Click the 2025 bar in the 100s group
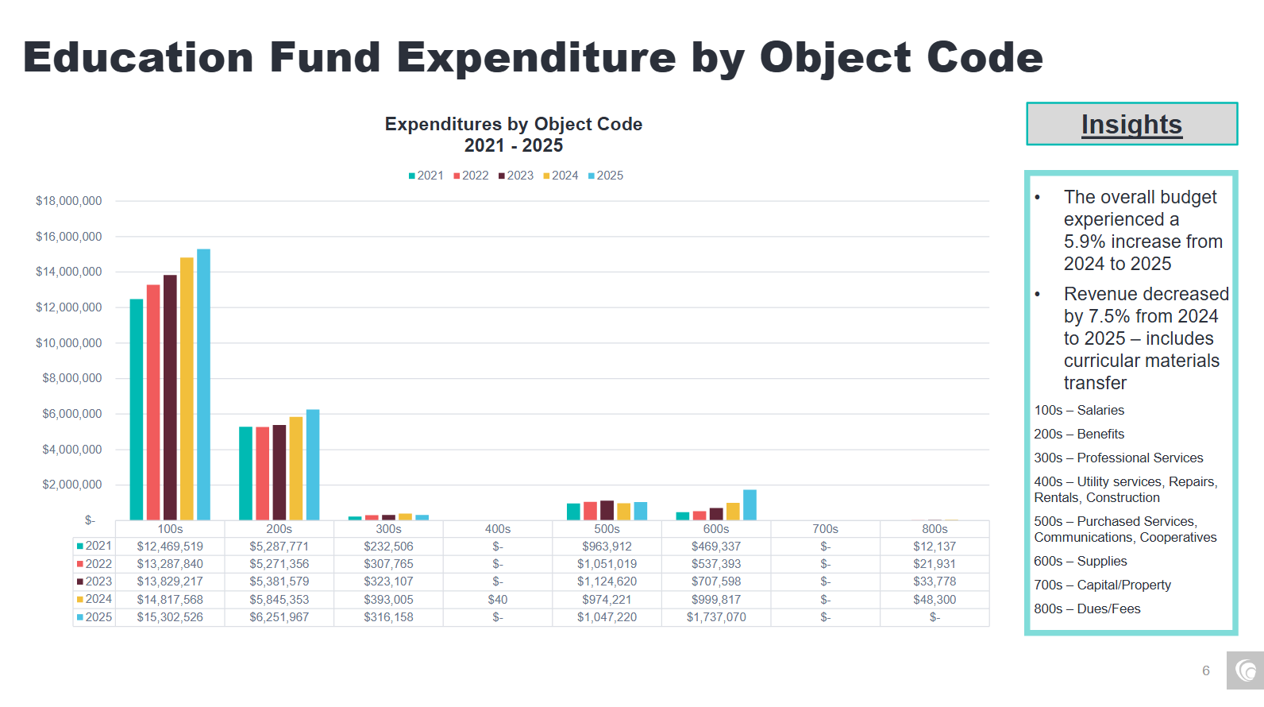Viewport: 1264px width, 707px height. tap(203, 385)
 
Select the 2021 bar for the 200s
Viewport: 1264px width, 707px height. tap(246, 473)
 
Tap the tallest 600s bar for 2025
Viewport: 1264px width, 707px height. tap(750, 505)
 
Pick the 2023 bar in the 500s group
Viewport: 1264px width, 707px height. tap(607, 511)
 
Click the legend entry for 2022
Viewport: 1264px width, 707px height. tap(471, 176)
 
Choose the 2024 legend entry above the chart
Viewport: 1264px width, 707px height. tap(561, 176)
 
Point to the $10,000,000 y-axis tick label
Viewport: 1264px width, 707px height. tap(69, 343)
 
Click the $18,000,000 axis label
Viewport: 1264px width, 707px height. tap(69, 201)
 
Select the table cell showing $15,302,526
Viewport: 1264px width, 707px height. tap(170, 617)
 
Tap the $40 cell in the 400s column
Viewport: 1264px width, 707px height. tap(498, 600)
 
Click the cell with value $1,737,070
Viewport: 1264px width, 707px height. tap(716, 617)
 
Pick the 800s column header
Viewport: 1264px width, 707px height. tap(935, 529)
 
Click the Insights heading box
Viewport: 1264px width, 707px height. tap(1131, 124)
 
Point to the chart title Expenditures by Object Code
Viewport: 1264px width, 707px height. tap(514, 125)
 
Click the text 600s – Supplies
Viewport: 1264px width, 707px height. tap(1080, 562)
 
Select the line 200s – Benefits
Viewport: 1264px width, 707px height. tap(1079, 435)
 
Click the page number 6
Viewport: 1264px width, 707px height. tap(1205, 670)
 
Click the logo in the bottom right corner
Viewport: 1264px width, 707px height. tap(1245, 670)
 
